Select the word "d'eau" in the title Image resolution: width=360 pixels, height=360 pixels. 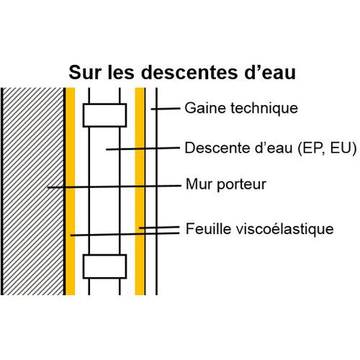click(x=271, y=72)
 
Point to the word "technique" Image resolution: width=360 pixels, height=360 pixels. click(x=264, y=108)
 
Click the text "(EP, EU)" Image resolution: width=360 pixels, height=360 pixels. click(x=327, y=148)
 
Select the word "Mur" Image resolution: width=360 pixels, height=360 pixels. click(x=199, y=184)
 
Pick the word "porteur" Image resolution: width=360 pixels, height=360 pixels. click(x=242, y=185)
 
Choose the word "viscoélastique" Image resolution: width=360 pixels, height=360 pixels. click(x=284, y=229)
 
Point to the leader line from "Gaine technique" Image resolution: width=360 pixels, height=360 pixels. click(x=166, y=109)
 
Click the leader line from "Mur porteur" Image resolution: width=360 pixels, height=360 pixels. click(x=114, y=186)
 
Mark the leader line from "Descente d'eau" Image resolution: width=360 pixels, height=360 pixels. click(x=143, y=149)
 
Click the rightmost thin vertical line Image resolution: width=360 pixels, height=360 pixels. click(x=156, y=192)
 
